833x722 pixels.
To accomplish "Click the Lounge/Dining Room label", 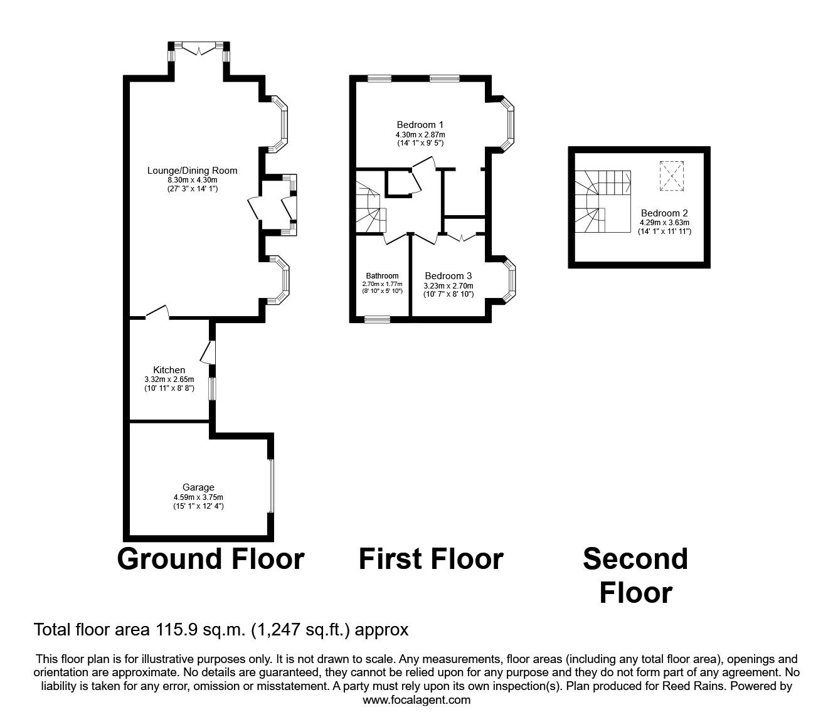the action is pos(192,171).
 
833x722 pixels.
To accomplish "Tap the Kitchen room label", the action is pos(169,369).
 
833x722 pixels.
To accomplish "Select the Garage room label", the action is pos(198,487).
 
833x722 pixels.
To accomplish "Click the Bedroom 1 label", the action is pos(420,125).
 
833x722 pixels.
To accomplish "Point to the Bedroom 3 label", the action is pos(448,276).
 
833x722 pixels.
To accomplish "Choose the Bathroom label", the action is pos(382,276).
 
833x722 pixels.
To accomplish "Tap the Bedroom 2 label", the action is pos(664,213).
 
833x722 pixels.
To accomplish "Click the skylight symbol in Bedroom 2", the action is pos(671,176).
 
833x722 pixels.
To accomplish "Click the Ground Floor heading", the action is pos(210,559).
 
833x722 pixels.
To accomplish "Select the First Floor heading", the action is pos(431,559).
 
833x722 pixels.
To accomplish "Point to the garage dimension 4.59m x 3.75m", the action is pos(198,497).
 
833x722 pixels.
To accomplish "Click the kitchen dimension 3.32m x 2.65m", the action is pos(169,380).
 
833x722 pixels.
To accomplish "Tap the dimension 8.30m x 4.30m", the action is pos(192,180).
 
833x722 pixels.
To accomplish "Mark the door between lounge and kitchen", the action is pos(157,313).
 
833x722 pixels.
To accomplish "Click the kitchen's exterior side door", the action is pos(209,353).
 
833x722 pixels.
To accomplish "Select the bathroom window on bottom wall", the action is pos(377,320).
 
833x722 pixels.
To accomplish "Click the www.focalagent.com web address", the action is pos(416,700).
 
